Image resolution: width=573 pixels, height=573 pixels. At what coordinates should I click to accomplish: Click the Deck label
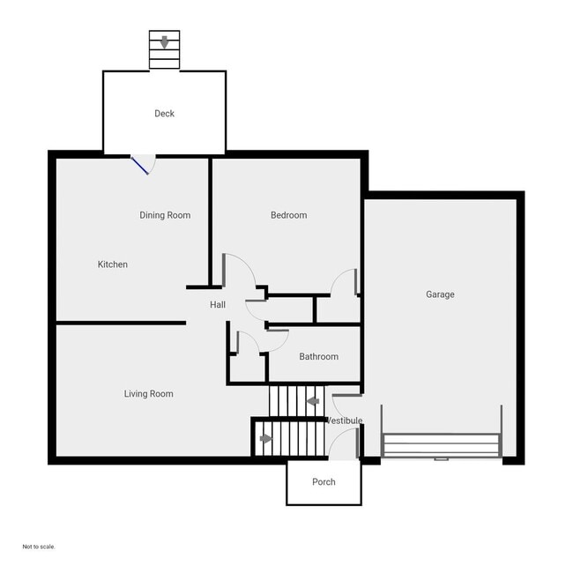click(x=164, y=114)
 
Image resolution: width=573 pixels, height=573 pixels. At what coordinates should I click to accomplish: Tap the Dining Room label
click(x=165, y=215)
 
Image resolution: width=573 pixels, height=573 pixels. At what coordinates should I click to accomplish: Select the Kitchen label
click(x=113, y=264)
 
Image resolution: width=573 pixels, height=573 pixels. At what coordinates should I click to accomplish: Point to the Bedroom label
click(x=288, y=215)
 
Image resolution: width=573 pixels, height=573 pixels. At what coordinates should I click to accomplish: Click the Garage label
click(x=440, y=294)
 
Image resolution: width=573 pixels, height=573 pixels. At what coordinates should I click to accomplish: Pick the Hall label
click(x=218, y=305)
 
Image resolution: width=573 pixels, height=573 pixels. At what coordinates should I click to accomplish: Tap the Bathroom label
click(x=318, y=357)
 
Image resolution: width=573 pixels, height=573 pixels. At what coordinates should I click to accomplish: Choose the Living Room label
click(x=148, y=394)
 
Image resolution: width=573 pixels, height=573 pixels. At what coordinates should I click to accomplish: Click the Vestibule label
click(x=345, y=421)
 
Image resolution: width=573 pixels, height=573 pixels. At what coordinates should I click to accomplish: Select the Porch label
click(x=324, y=482)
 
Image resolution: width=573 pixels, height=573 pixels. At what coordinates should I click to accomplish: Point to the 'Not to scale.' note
click(x=39, y=547)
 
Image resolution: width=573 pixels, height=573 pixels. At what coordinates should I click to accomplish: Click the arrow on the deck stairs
click(x=164, y=41)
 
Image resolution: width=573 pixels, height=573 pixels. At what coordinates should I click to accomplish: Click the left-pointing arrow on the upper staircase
click(x=312, y=402)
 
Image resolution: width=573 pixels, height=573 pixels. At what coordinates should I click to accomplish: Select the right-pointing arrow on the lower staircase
click(x=266, y=438)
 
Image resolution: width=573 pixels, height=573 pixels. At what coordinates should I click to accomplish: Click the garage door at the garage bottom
click(x=441, y=446)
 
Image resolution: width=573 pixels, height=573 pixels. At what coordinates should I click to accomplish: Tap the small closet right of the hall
click(x=338, y=309)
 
